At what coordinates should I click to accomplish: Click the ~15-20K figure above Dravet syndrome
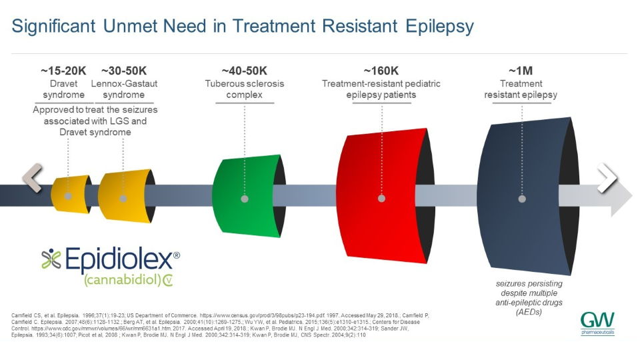pyautogui.click(x=64, y=71)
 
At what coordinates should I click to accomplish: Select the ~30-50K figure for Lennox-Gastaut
pyautogui.click(x=124, y=71)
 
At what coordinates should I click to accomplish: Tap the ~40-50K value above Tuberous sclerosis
pyautogui.click(x=244, y=71)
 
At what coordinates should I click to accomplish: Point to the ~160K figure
pyautogui.click(x=381, y=71)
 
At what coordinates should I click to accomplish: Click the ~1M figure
pyautogui.click(x=521, y=71)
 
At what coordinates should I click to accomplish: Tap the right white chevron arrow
pyautogui.click(x=607, y=178)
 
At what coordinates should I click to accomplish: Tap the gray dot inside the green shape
pyautogui.click(x=245, y=199)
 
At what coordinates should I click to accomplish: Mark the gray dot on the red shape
pyautogui.click(x=381, y=198)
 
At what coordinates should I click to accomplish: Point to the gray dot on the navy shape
pyautogui.click(x=521, y=198)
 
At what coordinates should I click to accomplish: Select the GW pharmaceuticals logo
pyautogui.click(x=597, y=322)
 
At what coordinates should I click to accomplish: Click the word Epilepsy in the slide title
pyautogui.click(x=439, y=26)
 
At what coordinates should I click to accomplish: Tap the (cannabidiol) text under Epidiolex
pyautogui.click(x=121, y=280)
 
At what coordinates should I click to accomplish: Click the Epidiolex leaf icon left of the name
pyautogui.click(x=51, y=259)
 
